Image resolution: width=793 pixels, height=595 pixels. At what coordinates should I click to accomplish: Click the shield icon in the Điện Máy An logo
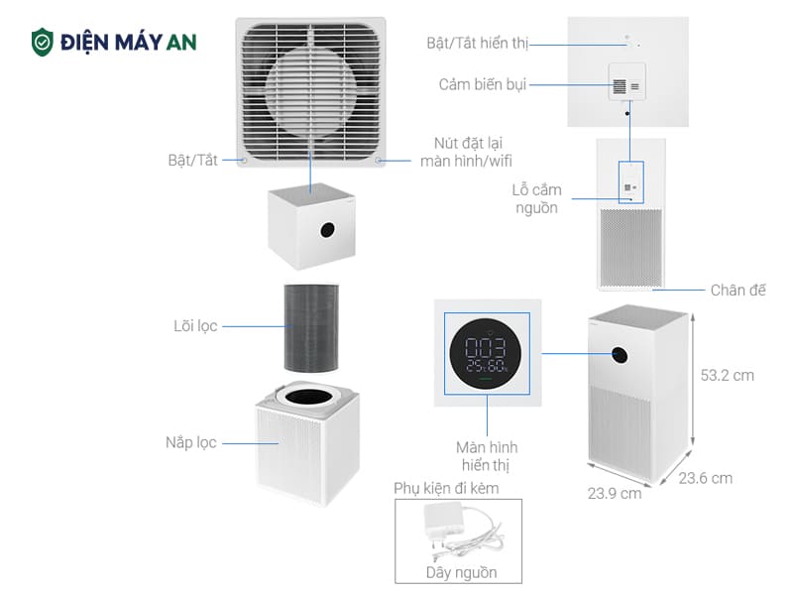click(43, 42)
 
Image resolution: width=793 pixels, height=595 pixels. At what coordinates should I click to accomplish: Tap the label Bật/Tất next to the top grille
click(192, 160)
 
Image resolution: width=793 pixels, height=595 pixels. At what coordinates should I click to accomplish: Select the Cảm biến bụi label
click(483, 85)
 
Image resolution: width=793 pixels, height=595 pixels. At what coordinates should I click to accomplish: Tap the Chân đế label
click(738, 291)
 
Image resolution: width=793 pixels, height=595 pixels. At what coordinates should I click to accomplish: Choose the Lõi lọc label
click(194, 325)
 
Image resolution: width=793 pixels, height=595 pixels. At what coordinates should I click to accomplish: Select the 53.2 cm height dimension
click(728, 376)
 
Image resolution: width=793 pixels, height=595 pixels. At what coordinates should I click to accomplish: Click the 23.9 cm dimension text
click(615, 493)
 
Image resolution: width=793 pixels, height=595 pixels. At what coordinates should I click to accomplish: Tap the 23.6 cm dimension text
click(706, 478)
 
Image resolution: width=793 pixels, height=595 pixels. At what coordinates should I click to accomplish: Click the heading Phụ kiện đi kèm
click(446, 489)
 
